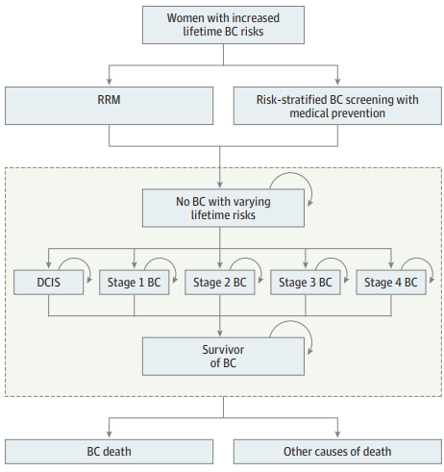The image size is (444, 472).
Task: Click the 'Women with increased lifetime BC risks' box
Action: coord(223,25)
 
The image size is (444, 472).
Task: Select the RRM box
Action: coord(109,106)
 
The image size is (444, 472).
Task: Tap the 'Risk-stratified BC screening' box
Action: coord(337,106)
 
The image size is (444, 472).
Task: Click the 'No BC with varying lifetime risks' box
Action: coord(223,209)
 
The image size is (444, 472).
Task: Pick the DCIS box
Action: coord(48,283)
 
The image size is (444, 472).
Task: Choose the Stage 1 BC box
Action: coord(134,283)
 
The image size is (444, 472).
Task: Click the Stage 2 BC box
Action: coord(220,283)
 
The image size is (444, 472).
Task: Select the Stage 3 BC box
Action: coord(306,283)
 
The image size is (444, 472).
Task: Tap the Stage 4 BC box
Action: coord(391,283)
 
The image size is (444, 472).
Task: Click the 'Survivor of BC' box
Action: coord(223,357)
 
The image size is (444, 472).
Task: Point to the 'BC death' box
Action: coord(109,452)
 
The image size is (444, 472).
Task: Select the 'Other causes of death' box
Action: coord(337,452)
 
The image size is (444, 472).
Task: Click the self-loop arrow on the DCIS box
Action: coord(75,259)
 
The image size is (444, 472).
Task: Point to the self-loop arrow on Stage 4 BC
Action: coord(417,259)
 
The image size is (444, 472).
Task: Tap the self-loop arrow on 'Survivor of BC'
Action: coord(291,321)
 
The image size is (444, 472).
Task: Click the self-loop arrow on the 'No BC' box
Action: coord(291,173)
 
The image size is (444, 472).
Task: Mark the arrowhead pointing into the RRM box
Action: coord(109,82)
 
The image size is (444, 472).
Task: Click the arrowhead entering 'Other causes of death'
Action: coord(337,434)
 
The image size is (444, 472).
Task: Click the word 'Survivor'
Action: coord(223,350)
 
